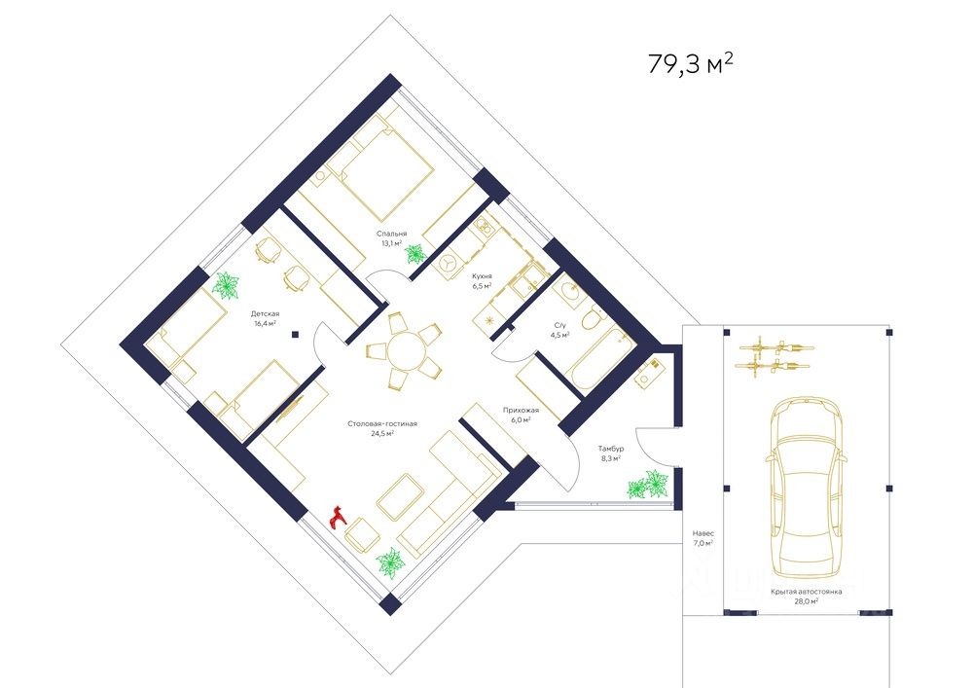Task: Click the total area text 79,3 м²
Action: click(691, 62)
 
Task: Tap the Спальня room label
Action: click(391, 234)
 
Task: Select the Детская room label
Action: click(265, 314)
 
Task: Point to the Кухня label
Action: click(483, 276)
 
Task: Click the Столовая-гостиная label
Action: click(382, 423)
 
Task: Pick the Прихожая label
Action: click(521, 410)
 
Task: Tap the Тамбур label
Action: click(611, 449)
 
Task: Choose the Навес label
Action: click(703, 533)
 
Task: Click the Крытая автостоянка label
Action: click(806, 592)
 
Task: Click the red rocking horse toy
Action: click(339, 517)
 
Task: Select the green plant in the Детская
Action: click(226, 287)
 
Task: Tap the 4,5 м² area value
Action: click(559, 335)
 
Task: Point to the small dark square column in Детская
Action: click(296, 335)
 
